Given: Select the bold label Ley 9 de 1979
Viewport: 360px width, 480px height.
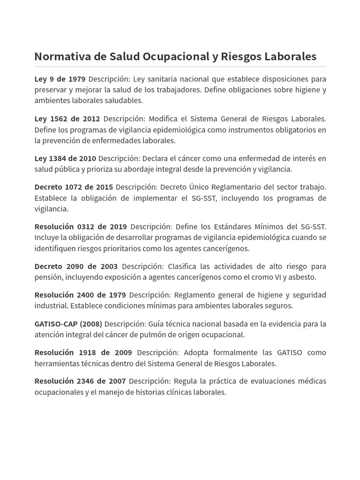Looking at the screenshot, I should (60, 79).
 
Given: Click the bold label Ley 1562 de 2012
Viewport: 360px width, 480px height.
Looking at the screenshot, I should (67, 119).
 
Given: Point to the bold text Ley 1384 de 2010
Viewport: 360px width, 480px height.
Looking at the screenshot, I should (65, 158).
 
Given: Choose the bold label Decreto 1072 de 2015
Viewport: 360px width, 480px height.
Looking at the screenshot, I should (74, 187).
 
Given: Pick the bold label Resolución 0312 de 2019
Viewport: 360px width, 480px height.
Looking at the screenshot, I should (81, 227).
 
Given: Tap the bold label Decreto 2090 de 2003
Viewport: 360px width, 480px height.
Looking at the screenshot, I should (76, 266).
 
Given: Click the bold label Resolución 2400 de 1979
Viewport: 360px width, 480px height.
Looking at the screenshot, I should (80, 295).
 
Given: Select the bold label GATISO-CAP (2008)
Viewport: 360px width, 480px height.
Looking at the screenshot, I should (68, 324).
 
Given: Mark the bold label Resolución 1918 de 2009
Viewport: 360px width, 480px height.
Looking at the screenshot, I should (83, 352).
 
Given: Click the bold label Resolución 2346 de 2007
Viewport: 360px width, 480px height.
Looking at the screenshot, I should (80, 381).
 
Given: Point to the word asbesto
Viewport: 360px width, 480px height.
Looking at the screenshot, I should (302, 277).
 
